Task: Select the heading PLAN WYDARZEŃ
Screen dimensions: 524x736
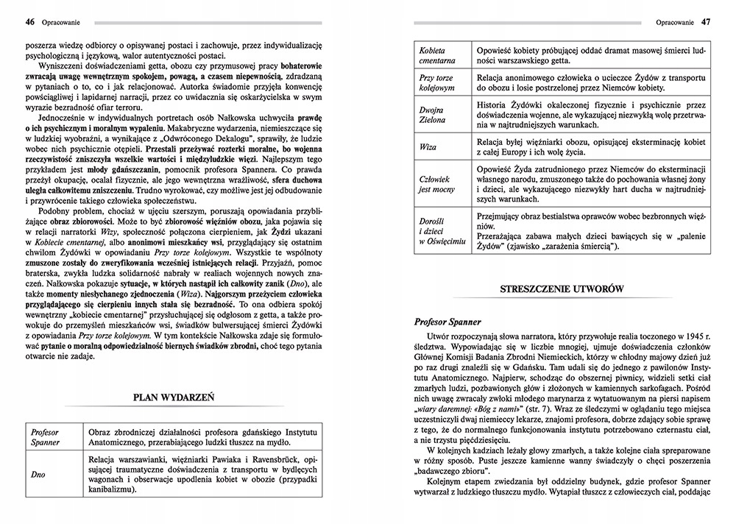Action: coord(173,397)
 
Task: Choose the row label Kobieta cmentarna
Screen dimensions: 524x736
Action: coord(437,52)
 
